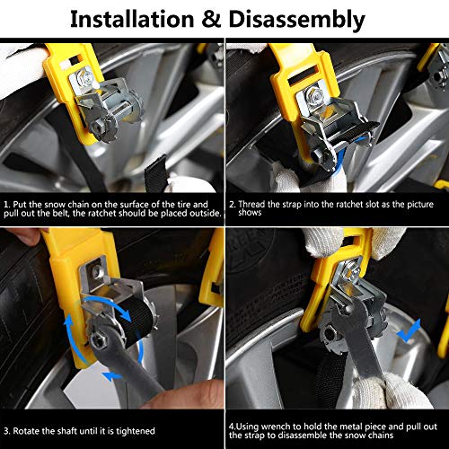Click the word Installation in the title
132,19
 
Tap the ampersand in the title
211,20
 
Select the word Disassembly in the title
296,21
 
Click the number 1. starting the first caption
7,205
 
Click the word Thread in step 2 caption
251,204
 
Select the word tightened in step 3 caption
136,431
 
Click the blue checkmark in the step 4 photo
409,330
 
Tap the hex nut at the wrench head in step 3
96,339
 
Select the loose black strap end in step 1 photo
156,174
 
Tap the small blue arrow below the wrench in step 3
111,376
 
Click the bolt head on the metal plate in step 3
96,272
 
